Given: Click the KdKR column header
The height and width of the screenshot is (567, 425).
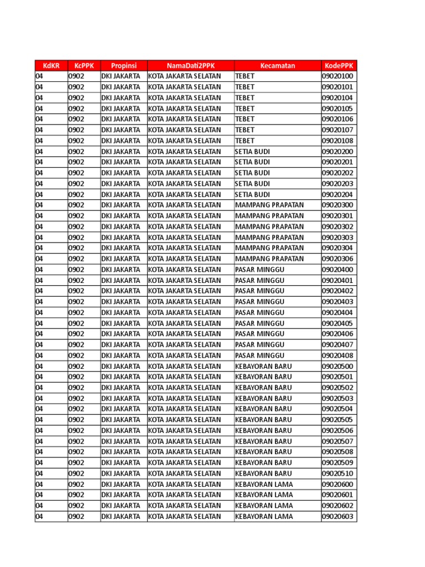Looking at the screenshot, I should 51,65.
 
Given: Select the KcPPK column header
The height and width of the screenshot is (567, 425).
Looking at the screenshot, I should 84,65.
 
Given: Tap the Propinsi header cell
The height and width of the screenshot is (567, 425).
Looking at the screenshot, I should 123,65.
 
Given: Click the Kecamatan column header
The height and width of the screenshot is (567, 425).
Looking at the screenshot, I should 277,65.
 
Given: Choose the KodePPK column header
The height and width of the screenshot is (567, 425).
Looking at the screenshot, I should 339,65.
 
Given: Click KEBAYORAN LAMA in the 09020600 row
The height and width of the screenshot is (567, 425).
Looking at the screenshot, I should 264,484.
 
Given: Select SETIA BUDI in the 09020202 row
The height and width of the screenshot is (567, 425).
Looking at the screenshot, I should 252,173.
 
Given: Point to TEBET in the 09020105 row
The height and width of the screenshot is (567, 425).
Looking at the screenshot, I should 245,109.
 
